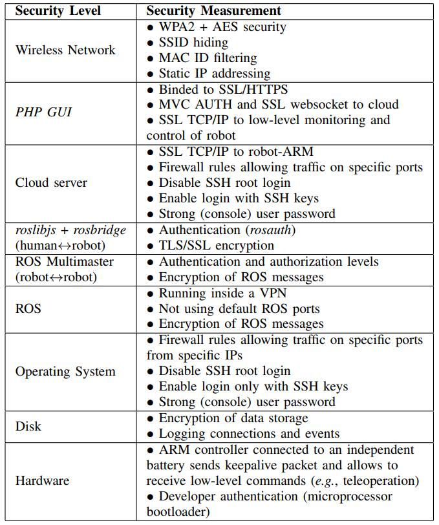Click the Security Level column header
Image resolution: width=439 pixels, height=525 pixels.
point(58,11)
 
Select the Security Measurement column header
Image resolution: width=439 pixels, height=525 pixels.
point(213,11)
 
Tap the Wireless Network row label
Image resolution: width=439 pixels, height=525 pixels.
point(65,50)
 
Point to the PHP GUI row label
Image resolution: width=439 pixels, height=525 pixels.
point(43,112)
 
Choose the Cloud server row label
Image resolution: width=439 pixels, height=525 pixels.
point(51,183)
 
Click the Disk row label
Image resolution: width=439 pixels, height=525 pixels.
point(28,426)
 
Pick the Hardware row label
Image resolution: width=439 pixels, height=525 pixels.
point(42,481)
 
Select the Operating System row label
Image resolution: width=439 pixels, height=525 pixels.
point(65,371)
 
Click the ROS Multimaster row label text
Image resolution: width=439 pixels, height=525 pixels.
point(64,261)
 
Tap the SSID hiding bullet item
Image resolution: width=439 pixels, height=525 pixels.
point(188,43)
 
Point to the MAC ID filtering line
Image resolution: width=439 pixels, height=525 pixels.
point(202,58)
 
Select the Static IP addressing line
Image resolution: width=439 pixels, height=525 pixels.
point(209,74)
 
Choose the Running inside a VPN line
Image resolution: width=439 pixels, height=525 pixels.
point(217,294)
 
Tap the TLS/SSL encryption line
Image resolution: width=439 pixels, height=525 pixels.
point(211,246)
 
